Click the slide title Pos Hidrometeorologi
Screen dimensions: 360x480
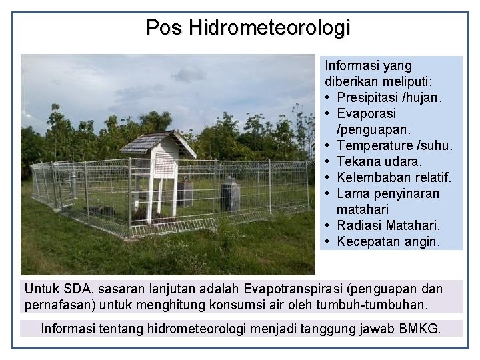pyautogui.click(x=248, y=27)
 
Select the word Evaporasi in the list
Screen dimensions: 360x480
pyautogui.click(x=366, y=113)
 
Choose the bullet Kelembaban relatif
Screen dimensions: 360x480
pyautogui.click(x=394, y=177)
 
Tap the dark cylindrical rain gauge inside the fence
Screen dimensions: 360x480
pyautogui.click(x=230, y=195)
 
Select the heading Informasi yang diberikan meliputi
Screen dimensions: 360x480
pyautogui.click(x=378, y=73)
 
